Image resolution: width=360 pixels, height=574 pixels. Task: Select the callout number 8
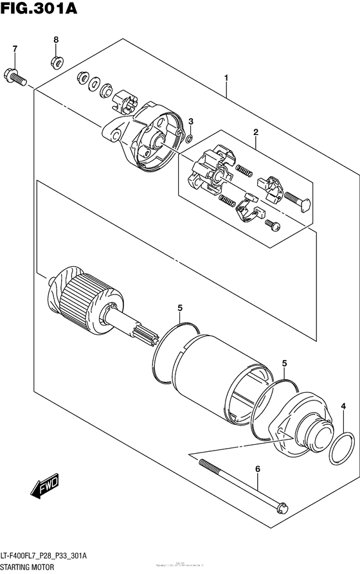pos(56,40)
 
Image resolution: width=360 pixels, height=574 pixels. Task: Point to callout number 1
pos(226,78)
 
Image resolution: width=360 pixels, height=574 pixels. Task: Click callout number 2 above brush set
pos(255,132)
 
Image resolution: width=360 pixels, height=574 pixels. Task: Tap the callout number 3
pos(190,121)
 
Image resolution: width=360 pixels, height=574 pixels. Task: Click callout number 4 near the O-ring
pos(343,406)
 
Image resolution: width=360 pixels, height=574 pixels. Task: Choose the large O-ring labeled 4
pos(340,447)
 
